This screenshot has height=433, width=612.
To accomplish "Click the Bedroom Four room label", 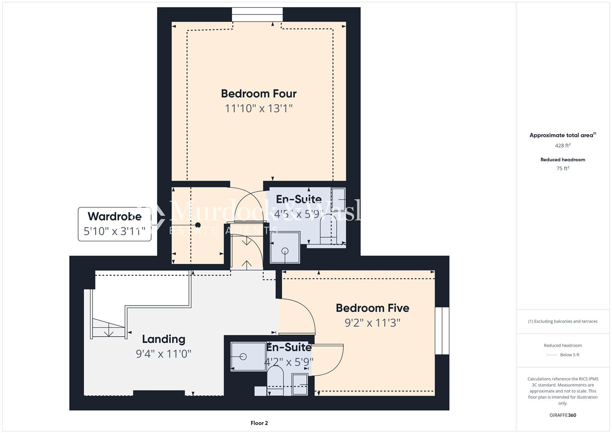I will [259, 93].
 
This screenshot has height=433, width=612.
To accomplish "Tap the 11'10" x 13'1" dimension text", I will [259, 108].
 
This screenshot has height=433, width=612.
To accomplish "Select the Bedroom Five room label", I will [372, 308].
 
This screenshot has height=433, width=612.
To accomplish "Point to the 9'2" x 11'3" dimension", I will [372, 323].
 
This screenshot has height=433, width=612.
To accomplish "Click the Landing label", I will [164, 339].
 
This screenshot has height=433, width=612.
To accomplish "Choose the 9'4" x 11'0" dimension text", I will [164, 354].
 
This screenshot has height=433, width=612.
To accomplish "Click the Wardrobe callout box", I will [115, 224].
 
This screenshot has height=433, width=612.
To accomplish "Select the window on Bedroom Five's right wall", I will [442, 331].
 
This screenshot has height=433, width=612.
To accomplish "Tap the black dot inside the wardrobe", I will [198, 225].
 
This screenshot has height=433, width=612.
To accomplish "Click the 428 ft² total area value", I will [562, 146].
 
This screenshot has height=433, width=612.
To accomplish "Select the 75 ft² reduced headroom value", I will [562, 168].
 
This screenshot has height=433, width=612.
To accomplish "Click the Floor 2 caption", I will [259, 423].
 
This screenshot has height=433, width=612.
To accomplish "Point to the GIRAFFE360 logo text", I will [562, 415].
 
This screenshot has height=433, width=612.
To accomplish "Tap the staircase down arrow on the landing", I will [108, 332].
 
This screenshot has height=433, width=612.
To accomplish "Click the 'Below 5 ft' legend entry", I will [569, 355].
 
